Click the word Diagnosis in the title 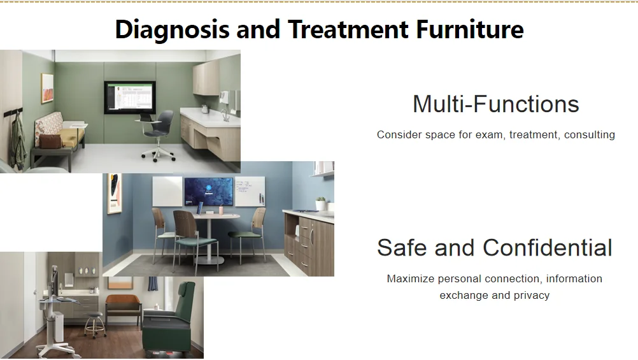click(x=172, y=30)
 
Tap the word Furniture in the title click(x=469, y=29)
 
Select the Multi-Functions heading click(x=495, y=104)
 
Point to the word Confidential click(x=547, y=248)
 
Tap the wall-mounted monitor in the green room click(x=130, y=97)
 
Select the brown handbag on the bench click(x=50, y=141)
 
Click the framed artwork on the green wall click(x=47, y=88)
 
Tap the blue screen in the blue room click(x=209, y=191)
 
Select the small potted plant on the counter click(x=321, y=203)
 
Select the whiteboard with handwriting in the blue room click(x=250, y=191)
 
